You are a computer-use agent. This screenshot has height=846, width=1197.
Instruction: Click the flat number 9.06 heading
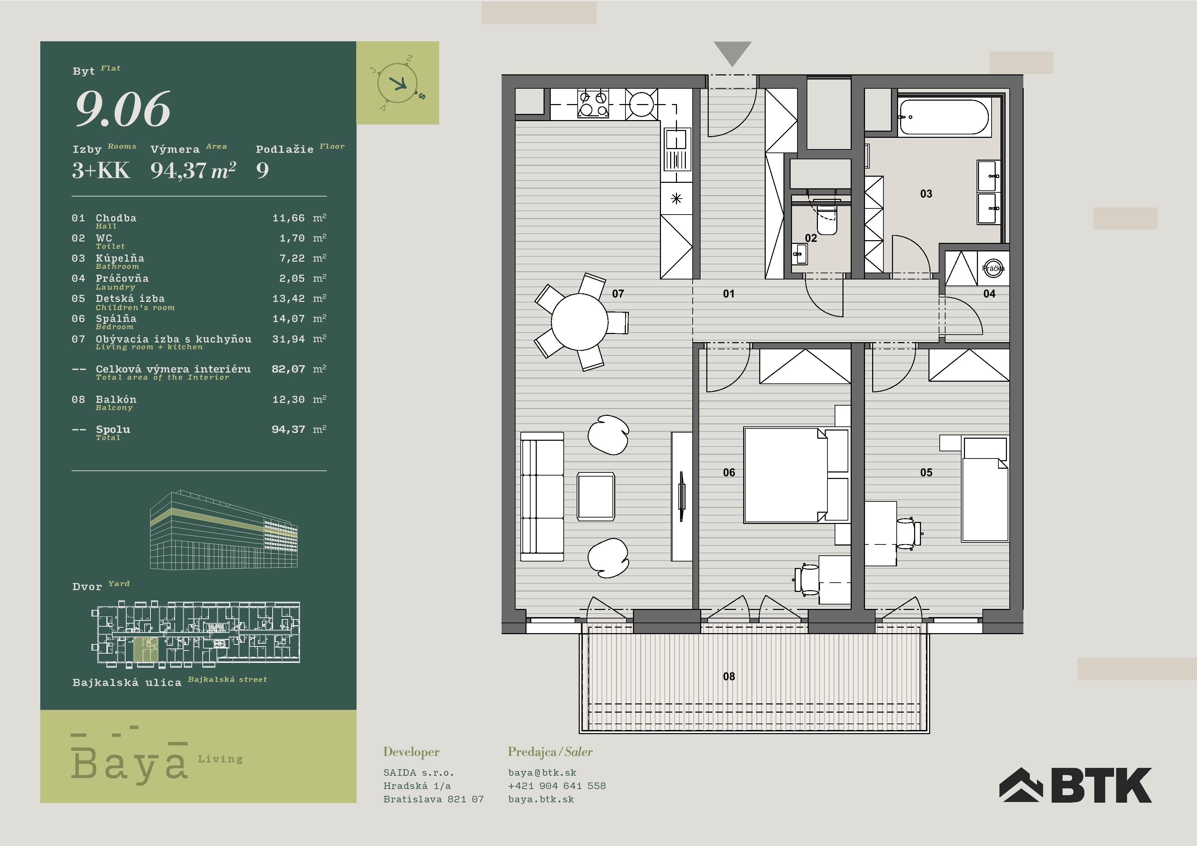(123, 108)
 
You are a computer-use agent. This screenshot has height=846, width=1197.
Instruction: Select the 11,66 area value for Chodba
(288, 218)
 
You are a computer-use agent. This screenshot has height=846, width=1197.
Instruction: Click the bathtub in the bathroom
(943, 117)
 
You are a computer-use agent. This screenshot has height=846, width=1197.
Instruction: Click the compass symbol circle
(397, 83)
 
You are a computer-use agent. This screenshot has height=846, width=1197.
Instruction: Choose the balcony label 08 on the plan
(729, 676)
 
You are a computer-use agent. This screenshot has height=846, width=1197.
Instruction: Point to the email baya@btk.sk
(542, 773)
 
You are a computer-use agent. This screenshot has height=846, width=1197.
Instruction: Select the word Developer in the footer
(411, 752)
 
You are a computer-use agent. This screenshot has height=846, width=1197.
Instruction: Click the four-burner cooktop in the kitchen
(593, 103)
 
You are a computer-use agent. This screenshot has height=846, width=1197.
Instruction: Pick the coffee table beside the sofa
(596, 496)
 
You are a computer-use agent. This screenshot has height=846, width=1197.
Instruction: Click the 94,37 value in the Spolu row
(288, 429)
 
